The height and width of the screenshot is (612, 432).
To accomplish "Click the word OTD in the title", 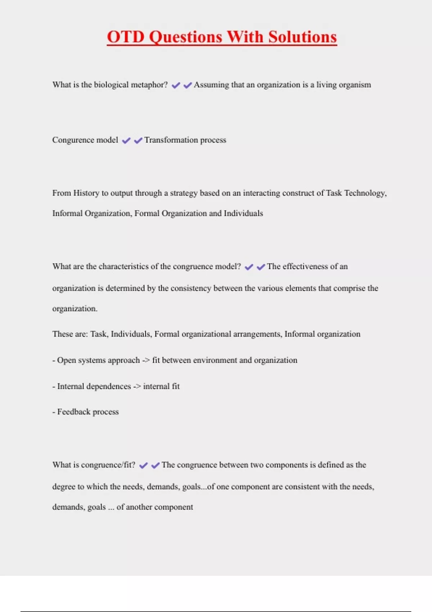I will [126, 37].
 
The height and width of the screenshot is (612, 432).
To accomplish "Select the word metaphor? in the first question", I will [149, 85].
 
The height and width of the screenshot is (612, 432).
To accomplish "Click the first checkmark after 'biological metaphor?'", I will [176, 85].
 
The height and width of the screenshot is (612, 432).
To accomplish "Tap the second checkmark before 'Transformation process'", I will [138, 140].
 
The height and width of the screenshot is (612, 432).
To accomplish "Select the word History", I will [86, 193].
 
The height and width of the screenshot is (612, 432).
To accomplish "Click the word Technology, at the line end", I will [365, 193].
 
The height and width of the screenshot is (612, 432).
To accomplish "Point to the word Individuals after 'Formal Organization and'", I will [243, 213].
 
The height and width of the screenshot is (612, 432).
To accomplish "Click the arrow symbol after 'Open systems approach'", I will [145, 360].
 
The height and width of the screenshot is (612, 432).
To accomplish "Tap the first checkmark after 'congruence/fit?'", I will [143, 465].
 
